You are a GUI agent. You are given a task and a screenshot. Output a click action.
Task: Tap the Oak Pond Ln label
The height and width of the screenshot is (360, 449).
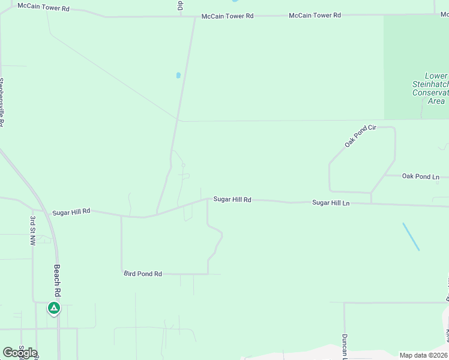420,176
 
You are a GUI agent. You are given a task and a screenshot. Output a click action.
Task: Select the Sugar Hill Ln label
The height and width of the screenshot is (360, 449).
330,203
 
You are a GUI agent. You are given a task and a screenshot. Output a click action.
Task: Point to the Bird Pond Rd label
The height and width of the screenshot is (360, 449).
143,274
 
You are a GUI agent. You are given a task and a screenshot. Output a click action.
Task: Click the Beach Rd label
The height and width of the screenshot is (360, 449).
58,280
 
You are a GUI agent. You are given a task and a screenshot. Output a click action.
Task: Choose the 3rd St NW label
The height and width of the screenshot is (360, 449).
32,231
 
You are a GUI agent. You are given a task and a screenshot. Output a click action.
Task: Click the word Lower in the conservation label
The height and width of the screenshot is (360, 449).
436,76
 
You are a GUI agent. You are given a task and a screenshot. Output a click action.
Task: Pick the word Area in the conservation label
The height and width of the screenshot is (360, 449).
436,101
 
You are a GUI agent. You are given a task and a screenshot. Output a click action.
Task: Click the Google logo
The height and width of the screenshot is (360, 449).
20,352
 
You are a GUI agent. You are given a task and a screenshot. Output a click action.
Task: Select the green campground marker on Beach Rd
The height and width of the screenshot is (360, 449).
54,308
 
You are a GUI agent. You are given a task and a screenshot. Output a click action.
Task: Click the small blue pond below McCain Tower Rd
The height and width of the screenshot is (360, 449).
178,76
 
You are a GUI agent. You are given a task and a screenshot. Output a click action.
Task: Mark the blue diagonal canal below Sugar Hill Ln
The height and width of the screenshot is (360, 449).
411,236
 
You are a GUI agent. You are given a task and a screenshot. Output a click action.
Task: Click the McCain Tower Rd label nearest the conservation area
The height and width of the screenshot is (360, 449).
315,15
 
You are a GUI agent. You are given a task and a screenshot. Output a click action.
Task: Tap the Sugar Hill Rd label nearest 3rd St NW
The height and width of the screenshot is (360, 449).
71,212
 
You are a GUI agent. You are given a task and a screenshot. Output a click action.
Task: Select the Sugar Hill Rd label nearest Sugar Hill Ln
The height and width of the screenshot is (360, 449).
232,199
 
